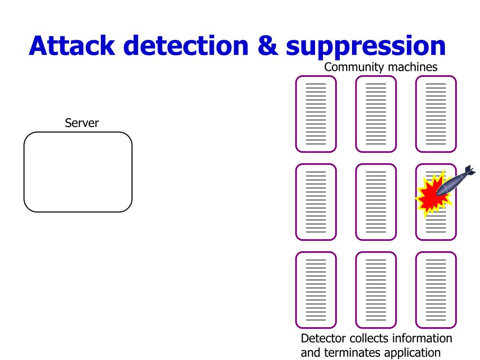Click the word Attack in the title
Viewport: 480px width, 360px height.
(x=72, y=45)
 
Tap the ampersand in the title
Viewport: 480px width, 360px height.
(x=268, y=45)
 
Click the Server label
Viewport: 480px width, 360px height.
(x=82, y=123)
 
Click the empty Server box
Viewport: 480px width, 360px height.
(x=78, y=172)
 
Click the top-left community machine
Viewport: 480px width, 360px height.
(x=316, y=114)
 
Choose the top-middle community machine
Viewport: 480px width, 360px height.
(x=376, y=114)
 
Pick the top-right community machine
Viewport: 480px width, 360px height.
(x=436, y=114)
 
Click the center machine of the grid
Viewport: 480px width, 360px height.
(x=376, y=202)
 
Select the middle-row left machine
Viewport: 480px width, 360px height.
(x=316, y=202)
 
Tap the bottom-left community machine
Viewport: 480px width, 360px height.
(x=316, y=290)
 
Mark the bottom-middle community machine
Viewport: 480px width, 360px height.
(x=376, y=290)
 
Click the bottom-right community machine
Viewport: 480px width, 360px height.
(x=436, y=290)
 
